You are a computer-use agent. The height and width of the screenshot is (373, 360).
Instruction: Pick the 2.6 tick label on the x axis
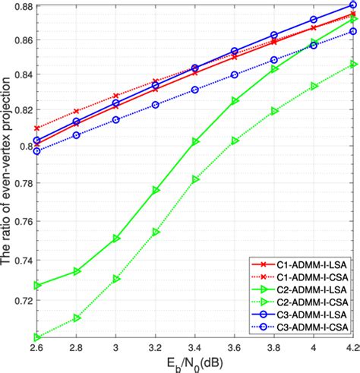coord(36,348)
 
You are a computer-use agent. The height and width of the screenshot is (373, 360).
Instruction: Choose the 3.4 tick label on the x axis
coord(195,348)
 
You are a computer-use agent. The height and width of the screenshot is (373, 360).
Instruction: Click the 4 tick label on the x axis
coord(314,348)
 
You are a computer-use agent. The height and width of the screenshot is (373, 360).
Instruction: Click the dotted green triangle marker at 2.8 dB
coord(77,318)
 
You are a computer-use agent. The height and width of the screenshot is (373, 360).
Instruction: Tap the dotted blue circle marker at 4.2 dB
coord(353,31)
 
